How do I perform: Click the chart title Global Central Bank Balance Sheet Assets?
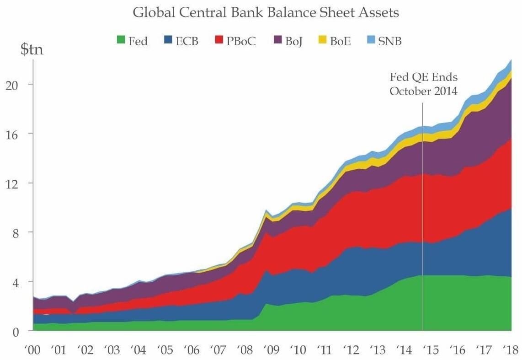266,13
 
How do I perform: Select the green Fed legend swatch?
121,41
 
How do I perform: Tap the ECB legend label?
187,41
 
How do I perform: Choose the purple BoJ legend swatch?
277,41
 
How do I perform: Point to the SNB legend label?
389,41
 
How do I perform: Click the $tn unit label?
32,50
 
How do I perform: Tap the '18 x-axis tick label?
510,350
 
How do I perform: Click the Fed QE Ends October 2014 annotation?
423,84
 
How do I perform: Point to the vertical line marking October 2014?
422,215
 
